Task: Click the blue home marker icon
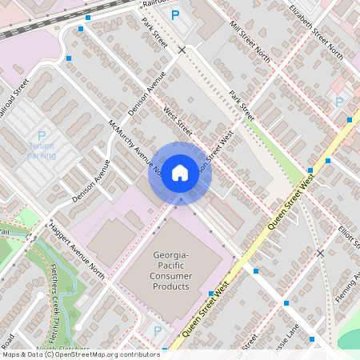[x=180, y=172]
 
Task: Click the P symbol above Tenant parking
[x=42, y=135]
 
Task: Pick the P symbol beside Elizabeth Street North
[x=338, y=102]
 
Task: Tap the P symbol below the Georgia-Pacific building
[x=158, y=330]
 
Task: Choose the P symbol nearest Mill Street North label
[x=175, y=15]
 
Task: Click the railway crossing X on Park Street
[x=182, y=50]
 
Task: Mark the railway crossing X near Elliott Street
[x=320, y=253]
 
